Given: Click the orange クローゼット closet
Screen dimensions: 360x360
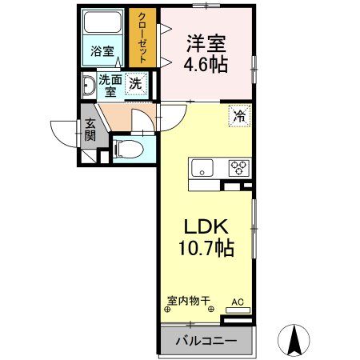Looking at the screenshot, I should (144, 38).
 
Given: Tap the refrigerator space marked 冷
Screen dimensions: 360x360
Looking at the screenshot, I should (239, 116).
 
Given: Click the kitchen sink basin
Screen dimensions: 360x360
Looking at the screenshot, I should (201, 168).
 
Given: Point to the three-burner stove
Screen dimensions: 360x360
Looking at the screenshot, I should (238, 168).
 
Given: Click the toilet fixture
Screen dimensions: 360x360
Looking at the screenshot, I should (125, 148).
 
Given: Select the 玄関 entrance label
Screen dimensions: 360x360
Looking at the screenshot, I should (90, 130).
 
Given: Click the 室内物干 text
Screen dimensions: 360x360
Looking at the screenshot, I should (189, 302).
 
